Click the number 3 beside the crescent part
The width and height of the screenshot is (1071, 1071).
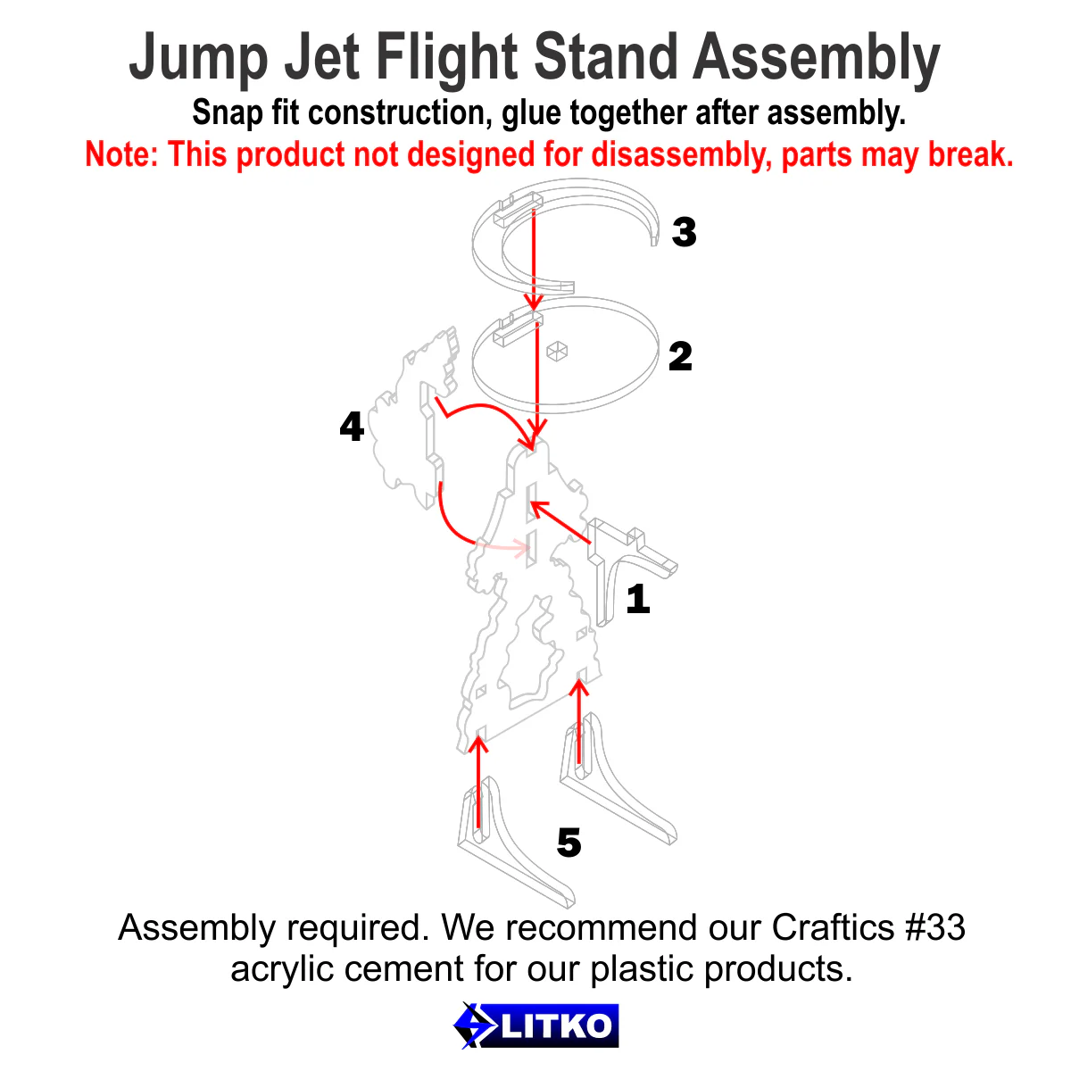point(684,232)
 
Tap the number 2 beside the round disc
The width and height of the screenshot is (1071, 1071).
point(680,357)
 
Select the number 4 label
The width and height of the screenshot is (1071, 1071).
point(352,427)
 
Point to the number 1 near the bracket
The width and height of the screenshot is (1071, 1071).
point(637,599)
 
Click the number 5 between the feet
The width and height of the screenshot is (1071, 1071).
point(569,843)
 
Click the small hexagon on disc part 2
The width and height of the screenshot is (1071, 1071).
point(558,352)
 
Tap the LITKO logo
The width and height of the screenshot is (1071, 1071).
point(535,1025)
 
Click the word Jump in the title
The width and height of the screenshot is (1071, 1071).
point(198,59)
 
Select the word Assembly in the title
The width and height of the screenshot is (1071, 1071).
point(816,59)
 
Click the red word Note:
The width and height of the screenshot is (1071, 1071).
point(121,155)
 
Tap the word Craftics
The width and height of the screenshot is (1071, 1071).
point(832,928)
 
